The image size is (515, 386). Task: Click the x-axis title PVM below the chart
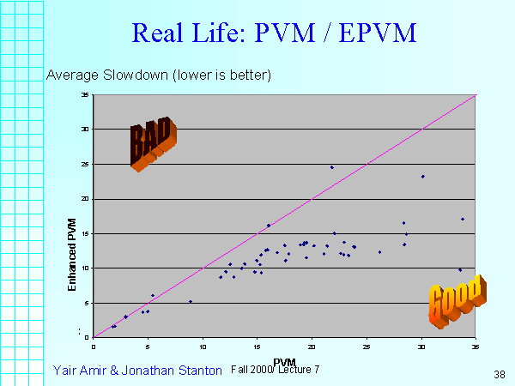284,361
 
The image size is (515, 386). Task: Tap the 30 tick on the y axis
85,130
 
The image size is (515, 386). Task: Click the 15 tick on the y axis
85,233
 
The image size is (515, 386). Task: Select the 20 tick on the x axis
312,347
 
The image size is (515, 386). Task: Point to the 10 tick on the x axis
203,347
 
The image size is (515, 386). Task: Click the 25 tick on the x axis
367,347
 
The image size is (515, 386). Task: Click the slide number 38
500,374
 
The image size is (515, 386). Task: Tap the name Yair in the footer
66,370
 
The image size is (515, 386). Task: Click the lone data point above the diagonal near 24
332,167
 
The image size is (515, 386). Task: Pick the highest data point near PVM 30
422,177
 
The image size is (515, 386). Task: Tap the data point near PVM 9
191,301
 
